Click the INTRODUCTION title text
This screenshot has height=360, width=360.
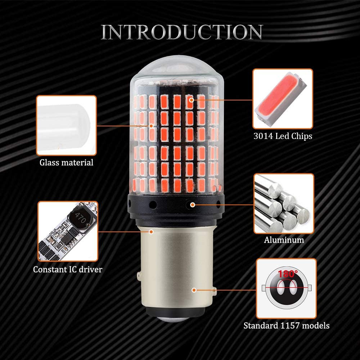[181, 32]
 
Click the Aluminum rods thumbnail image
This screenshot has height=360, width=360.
[284, 203]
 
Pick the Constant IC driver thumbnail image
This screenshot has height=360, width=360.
[68, 231]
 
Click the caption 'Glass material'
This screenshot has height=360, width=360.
[66, 162]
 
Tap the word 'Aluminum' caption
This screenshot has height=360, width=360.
[284, 240]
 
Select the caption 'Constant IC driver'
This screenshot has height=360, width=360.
[68, 269]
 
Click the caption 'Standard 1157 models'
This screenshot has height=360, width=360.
[286, 326]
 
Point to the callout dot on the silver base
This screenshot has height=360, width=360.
[194, 289]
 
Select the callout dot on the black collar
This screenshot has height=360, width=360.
[193, 205]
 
